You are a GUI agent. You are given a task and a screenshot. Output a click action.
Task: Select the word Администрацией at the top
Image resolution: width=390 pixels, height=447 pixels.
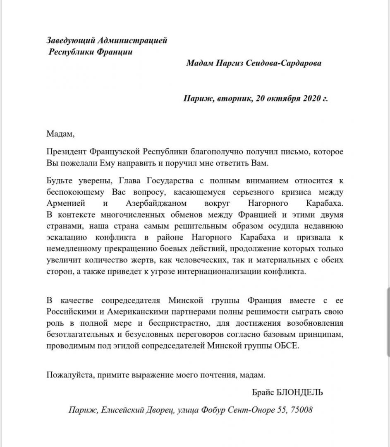click(132, 41)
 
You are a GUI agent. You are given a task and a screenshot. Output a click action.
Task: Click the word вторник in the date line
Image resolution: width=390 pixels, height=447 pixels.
click(232, 99)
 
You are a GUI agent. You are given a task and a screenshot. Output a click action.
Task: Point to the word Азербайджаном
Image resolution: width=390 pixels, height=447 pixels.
click(156, 204)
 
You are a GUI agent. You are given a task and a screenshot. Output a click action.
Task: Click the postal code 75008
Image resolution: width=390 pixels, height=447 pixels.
click(302, 410)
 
